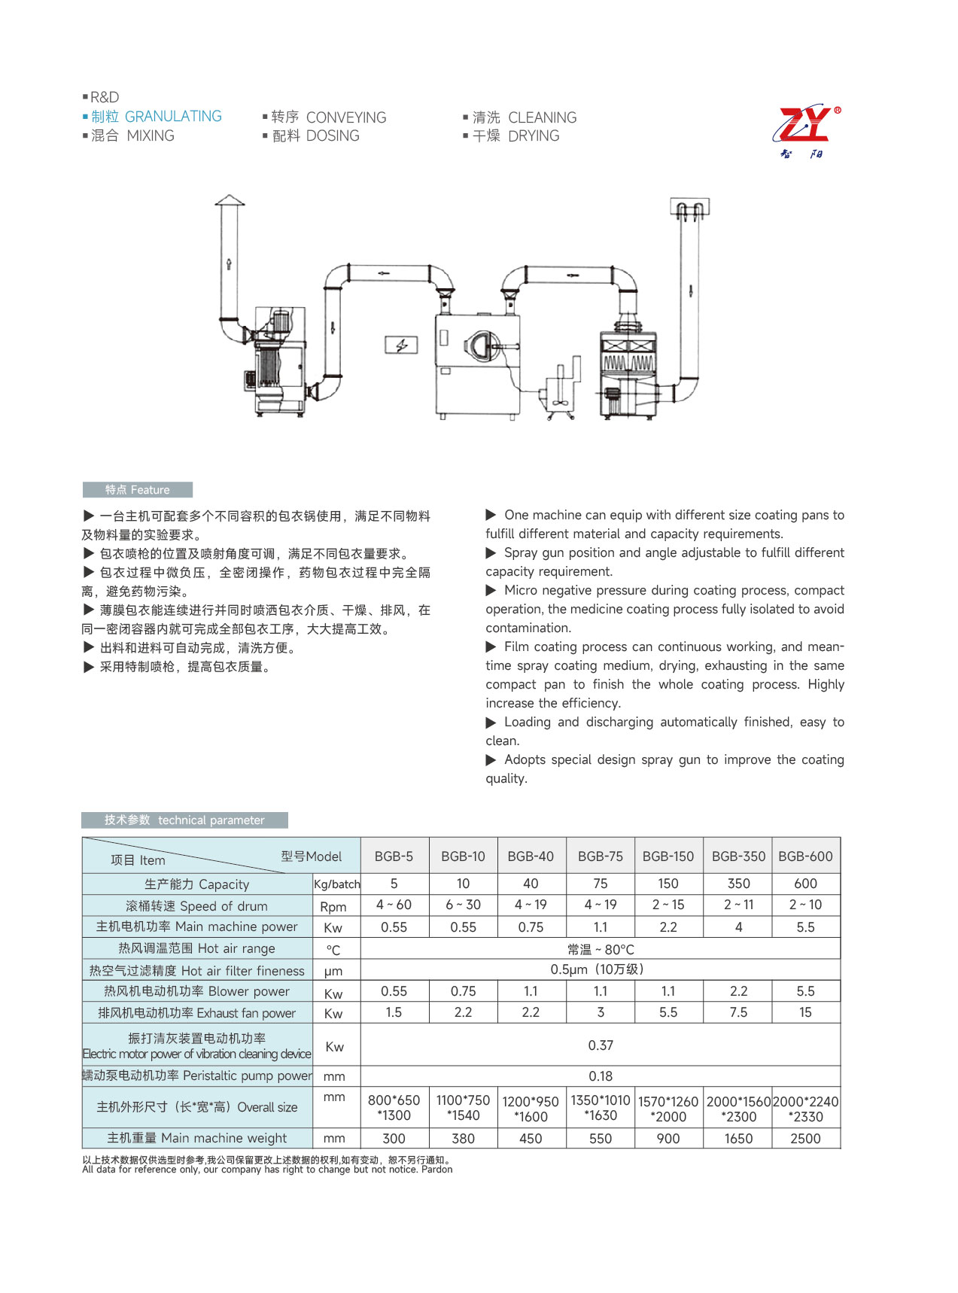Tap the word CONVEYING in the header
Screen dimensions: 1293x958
(345, 117)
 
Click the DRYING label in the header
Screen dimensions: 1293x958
(534, 136)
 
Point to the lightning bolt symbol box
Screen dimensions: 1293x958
(400, 345)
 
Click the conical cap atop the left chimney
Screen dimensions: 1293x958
(230, 200)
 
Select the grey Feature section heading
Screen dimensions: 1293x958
(138, 490)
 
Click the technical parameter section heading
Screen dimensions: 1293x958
(184, 820)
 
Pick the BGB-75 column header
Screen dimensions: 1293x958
(600, 856)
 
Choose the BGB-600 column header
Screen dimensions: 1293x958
(805, 856)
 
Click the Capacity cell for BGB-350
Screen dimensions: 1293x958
(738, 884)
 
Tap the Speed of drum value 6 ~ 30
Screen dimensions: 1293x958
(463, 905)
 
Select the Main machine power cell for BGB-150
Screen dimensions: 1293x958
(668, 927)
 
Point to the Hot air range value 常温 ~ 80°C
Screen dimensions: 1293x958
(601, 950)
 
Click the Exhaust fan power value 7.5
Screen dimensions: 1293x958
(738, 1012)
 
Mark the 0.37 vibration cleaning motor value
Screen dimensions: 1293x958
(601, 1045)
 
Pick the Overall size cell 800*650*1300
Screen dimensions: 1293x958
(394, 1108)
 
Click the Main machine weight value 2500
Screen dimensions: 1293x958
(805, 1139)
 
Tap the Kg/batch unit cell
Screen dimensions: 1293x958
(336, 884)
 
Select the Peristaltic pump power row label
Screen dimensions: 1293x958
(197, 1076)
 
